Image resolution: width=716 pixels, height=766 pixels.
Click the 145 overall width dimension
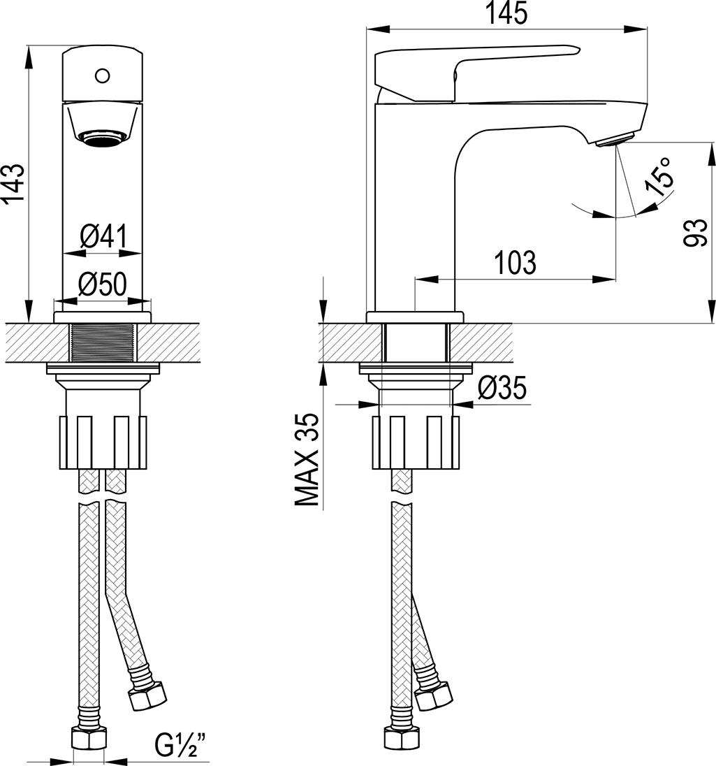pyautogui.click(x=506, y=13)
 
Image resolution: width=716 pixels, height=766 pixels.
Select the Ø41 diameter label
pyautogui.click(x=104, y=236)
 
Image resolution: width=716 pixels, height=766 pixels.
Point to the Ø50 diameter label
pyautogui.click(x=103, y=284)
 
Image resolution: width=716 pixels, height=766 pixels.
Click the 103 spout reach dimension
pyautogui.click(x=516, y=262)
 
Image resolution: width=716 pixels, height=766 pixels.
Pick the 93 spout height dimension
pyautogui.click(x=696, y=233)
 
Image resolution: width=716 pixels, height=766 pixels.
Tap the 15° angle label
pyautogui.click(x=658, y=177)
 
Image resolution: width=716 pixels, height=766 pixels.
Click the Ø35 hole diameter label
pyautogui.click(x=502, y=389)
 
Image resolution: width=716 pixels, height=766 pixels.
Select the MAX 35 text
pyautogui.click(x=307, y=459)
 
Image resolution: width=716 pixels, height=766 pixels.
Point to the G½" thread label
pyautogui.click(x=180, y=745)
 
